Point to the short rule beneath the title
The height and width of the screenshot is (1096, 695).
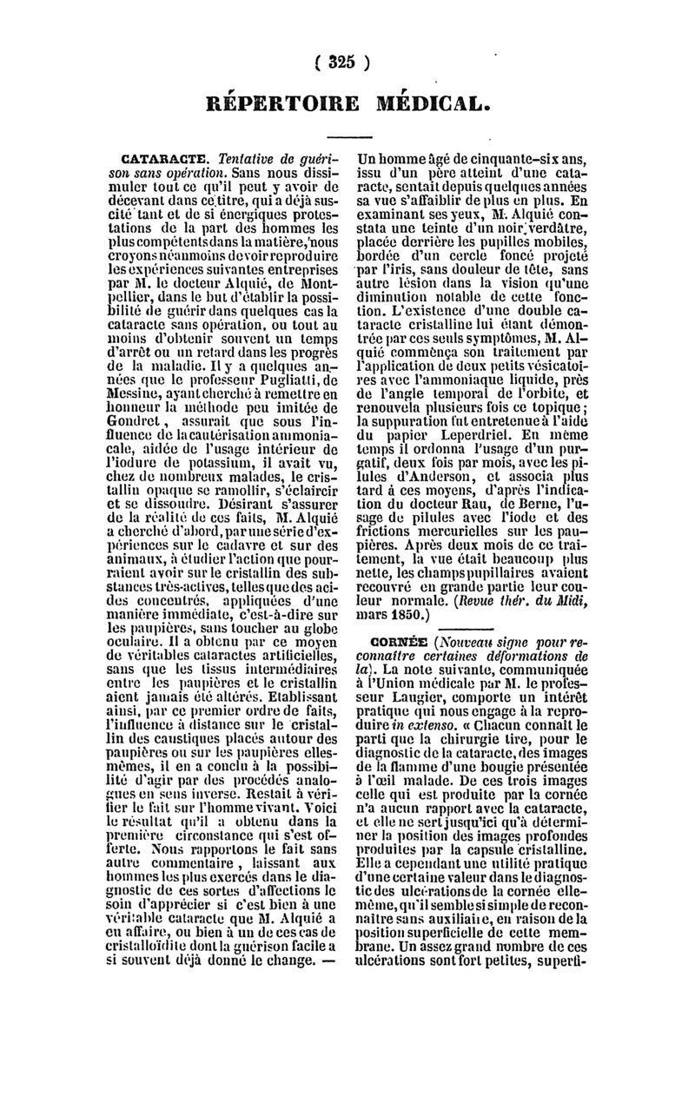pos(347,136)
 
